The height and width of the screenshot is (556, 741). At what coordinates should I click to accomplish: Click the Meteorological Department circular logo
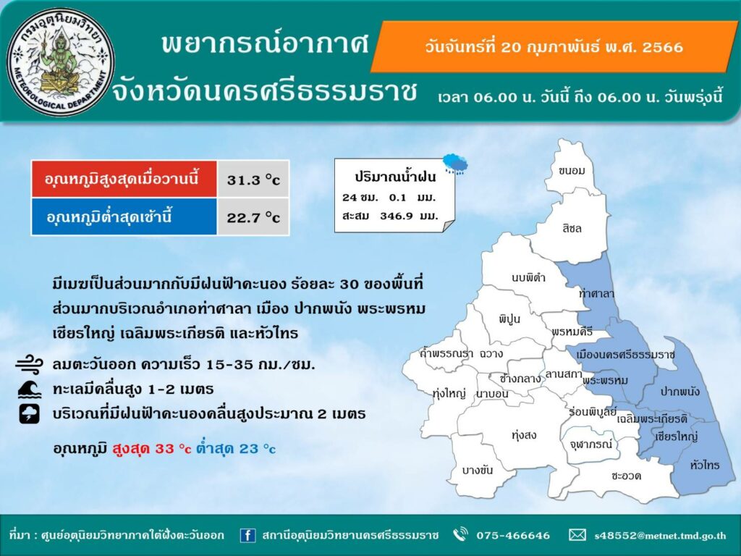coord(61,62)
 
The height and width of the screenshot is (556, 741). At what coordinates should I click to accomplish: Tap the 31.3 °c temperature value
coord(253,180)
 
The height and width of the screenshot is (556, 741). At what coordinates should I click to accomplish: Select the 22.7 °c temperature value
coord(253,217)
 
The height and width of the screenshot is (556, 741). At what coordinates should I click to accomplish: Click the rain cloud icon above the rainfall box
coord(455,164)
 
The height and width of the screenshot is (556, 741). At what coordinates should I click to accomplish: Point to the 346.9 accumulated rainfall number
coord(396,216)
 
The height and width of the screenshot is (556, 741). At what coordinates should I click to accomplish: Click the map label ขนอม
coord(572,171)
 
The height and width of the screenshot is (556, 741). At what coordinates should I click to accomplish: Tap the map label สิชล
coord(572,228)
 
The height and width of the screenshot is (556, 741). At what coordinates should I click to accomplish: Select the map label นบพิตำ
coord(528,277)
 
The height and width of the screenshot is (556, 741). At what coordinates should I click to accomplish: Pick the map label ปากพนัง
coord(679,392)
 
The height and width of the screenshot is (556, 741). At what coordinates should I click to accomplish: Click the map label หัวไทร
coord(705,466)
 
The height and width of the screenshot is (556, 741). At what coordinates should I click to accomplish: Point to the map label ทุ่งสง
coord(524,435)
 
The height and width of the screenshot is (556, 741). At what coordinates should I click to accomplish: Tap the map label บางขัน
coord(478,470)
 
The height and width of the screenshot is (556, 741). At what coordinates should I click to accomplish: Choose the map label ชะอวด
coord(626,476)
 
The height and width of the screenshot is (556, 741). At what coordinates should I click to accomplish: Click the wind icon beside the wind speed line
coord(29,365)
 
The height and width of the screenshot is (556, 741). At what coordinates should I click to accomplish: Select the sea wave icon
coord(29,389)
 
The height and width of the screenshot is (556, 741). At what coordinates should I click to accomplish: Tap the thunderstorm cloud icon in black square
coord(29,413)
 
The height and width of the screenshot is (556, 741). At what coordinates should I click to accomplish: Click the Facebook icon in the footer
coord(247,535)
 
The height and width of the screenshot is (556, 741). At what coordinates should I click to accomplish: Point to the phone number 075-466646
coord(513,535)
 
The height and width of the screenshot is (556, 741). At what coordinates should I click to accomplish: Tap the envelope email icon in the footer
coord(577,535)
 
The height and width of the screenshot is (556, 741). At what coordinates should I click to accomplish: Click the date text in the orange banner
coord(554,47)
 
